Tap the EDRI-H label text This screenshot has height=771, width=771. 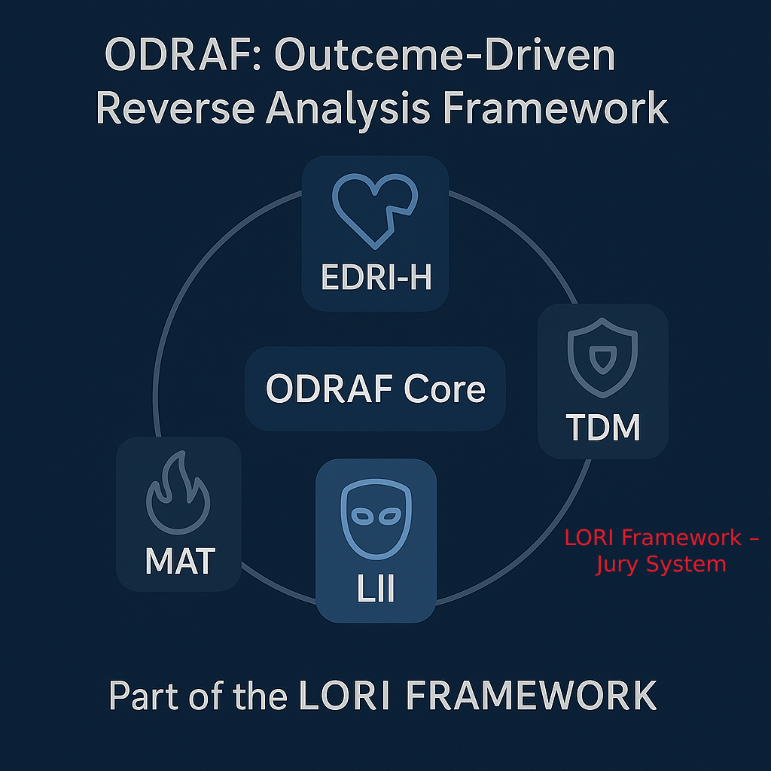point(376,278)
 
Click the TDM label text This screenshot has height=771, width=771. point(603,428)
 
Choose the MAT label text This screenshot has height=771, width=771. point(180,561)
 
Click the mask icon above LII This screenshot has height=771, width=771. point(375,518)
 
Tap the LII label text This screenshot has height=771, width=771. point(376,590)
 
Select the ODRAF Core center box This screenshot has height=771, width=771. point(375,389)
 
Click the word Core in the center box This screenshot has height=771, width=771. point(444,389)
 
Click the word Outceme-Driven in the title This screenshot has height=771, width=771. point(445,56)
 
